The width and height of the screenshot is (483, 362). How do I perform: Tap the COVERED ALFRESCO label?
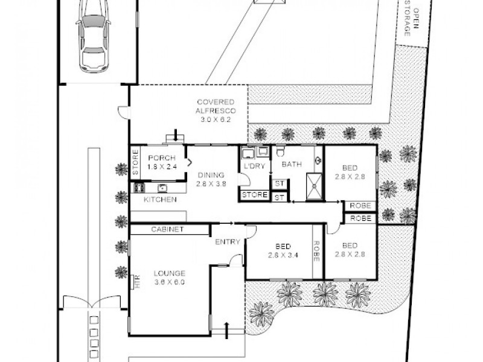[x=214, y=110]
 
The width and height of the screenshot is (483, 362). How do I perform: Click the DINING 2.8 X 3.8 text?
[x=211, y=180]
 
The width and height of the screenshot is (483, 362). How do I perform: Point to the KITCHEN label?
[x=160, y=199]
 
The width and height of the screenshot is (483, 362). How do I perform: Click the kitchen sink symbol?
[x=163, y=187]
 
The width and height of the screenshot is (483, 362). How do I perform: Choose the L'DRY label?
[x=254, y=166]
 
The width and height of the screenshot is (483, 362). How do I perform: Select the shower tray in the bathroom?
[x=313, y=185]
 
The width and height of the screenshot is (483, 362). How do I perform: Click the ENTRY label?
[x=228, y=242]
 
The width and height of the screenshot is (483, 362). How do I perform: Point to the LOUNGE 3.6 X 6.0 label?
[x=168, y=277]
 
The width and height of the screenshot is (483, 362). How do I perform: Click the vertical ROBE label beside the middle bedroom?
[x=316, y=250]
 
